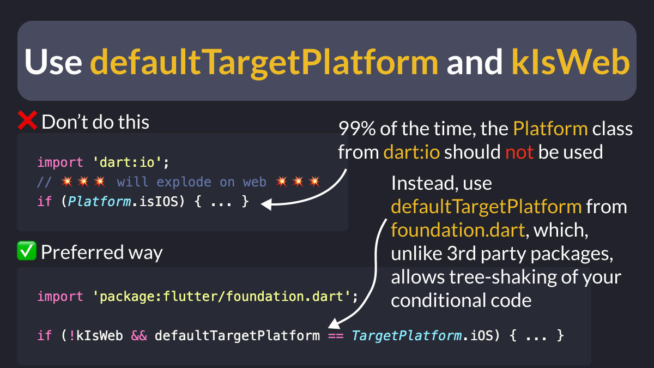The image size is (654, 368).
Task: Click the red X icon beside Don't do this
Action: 27,121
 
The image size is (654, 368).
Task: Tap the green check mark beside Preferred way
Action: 27,252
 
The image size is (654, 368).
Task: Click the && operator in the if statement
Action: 138,336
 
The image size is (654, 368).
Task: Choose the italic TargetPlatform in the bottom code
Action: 407,336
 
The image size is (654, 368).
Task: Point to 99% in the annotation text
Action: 355,129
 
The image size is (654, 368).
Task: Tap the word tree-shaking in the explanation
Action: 500,277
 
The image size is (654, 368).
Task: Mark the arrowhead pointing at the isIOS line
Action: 265,204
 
